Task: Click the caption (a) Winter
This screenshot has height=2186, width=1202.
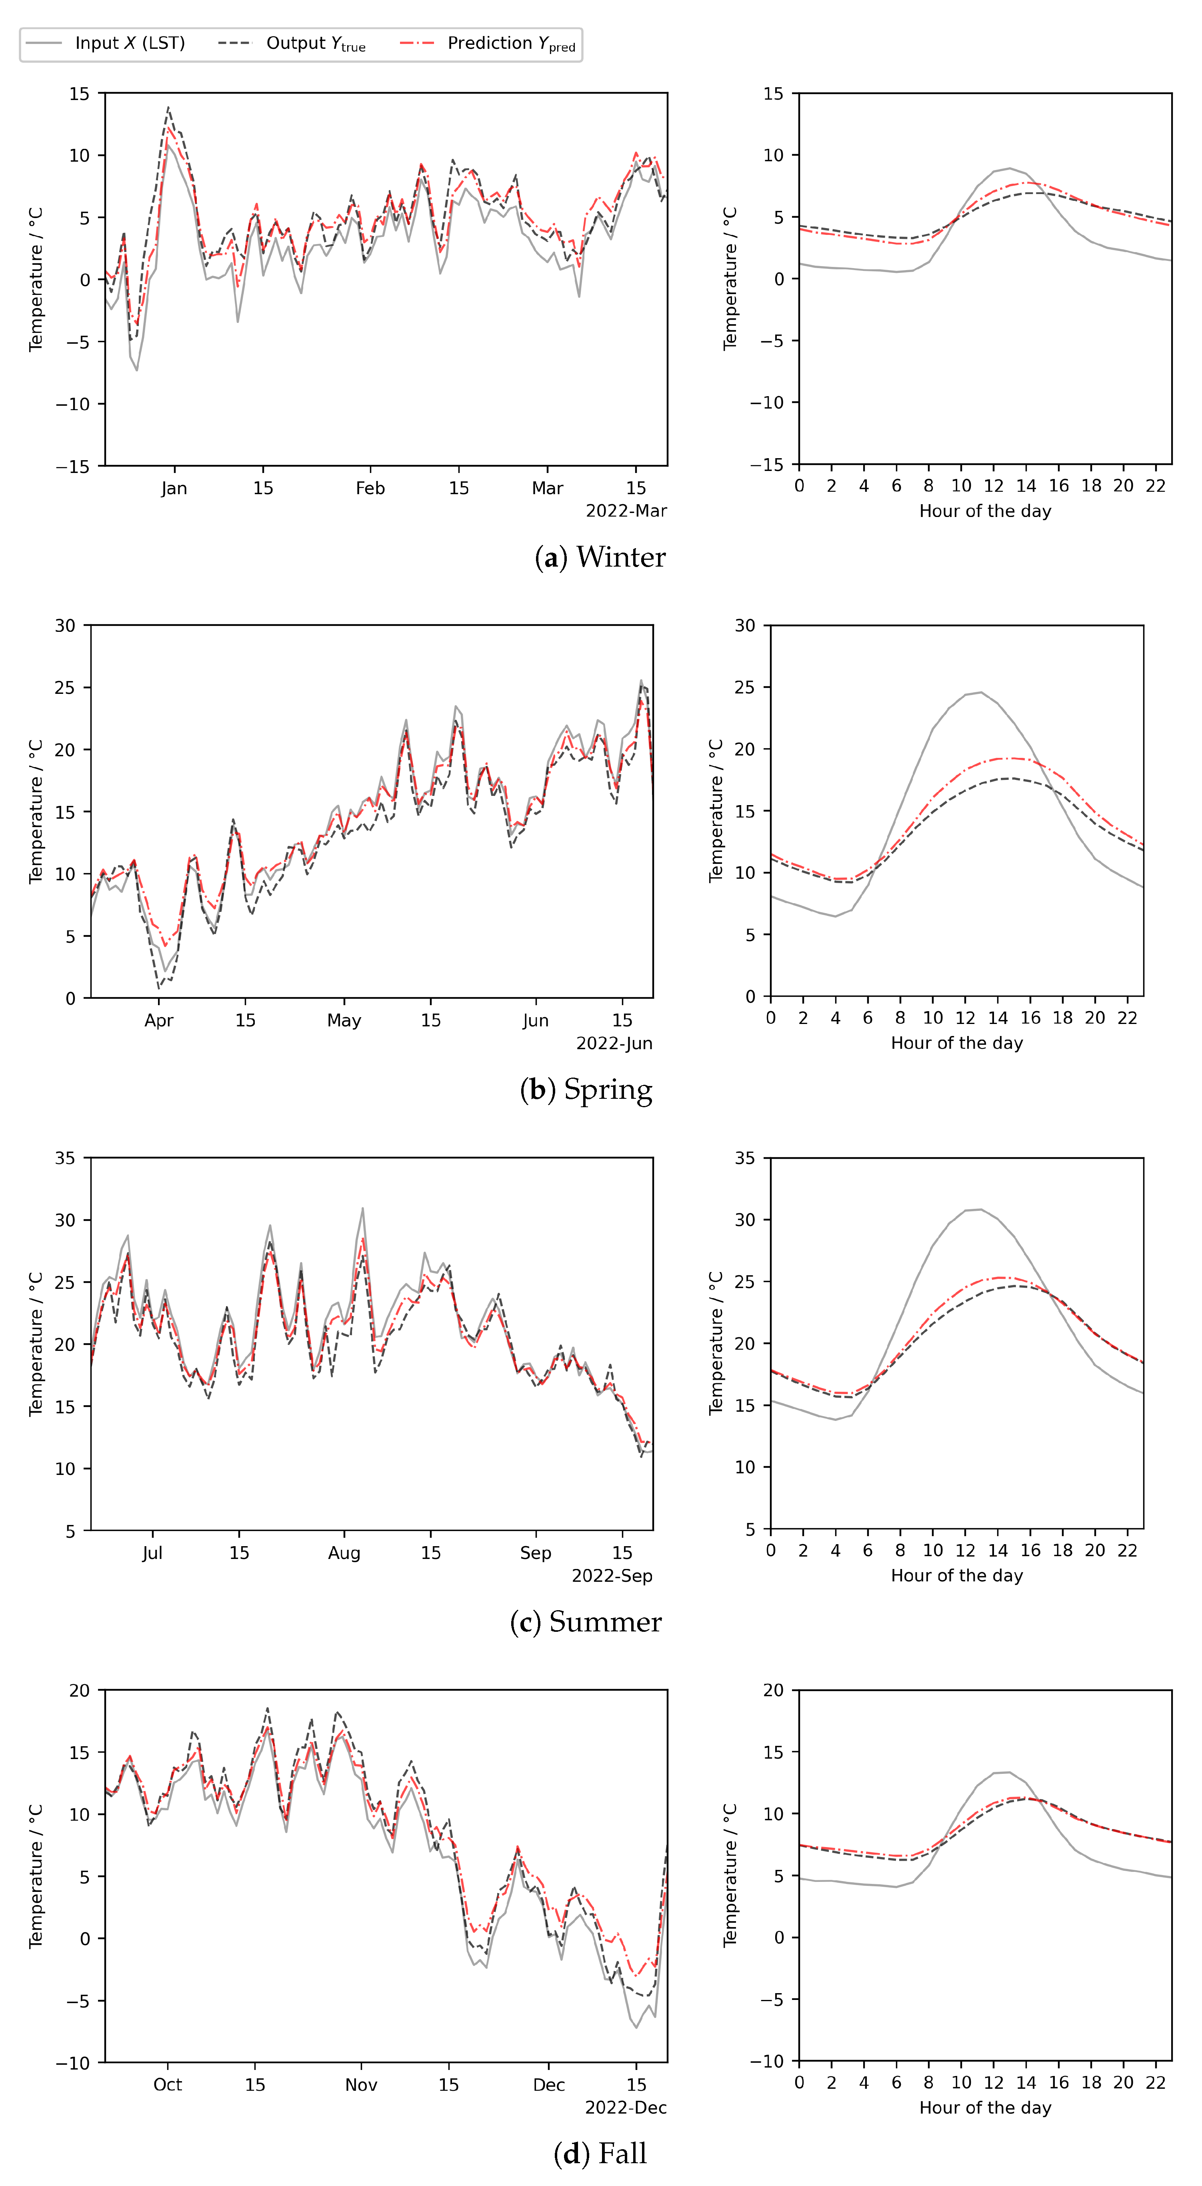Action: click(x=600, y=557)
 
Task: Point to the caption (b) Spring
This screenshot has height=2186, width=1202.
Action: click(x=586, y=1090)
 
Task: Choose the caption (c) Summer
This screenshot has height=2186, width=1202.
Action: click(x=585, y=1622)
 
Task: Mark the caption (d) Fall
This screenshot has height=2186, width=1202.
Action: click(x=600, y=2154)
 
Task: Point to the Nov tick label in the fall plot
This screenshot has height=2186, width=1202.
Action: click(x=360, y=2085)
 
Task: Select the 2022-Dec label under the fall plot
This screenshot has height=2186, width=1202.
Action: click(x=626, y=2108)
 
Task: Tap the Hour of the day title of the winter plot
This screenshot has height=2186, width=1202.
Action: click(x=985, y=511)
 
